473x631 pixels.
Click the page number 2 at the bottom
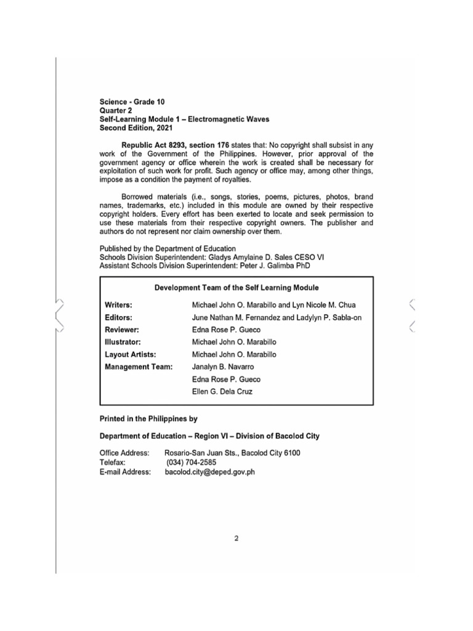click(236, 537)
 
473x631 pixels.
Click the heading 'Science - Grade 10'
click(132, 101)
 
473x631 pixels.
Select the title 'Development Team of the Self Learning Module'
click(236, 288)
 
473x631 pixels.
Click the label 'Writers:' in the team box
click(119, 305)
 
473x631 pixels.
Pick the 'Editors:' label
click(118, 317)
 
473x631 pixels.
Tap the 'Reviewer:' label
click(122, 330)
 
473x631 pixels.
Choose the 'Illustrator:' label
click(123, 342)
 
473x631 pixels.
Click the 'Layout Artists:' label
click(130, 354)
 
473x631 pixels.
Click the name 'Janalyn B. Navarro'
click(224, 367)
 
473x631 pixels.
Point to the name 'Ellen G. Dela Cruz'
click(222, 391)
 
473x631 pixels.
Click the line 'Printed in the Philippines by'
click(148, 418)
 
